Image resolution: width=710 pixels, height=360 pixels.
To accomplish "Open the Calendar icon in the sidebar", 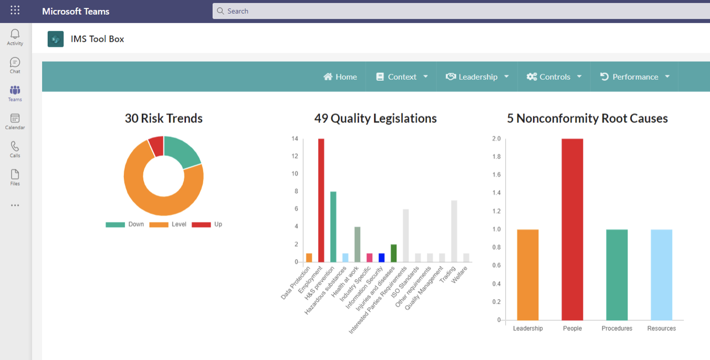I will [x=15, y=121].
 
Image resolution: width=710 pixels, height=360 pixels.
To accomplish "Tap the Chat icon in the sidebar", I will [x=15, y=65].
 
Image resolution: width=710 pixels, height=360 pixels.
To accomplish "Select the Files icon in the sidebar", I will [x=15, y=177].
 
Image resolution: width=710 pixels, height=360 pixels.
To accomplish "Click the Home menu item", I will [x=340, y=77].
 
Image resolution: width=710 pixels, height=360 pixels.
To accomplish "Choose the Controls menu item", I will [x=554, y=77].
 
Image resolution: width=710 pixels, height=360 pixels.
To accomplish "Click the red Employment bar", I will [x=321, y=200].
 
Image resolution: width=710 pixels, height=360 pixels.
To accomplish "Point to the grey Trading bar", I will [x=454, y=231].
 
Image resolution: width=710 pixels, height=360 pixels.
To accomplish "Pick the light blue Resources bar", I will [x=661, y=274].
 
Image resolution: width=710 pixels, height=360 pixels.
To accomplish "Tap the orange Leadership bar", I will [x=527, y=274].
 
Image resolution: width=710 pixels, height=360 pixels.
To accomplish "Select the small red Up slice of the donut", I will [x=156, y=145].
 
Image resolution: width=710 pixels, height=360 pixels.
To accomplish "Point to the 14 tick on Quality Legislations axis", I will [x=295, y=139].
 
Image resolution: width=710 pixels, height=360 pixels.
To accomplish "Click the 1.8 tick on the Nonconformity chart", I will [x=495, y=157].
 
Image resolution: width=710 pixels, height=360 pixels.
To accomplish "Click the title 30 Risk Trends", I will [x=163, y=119].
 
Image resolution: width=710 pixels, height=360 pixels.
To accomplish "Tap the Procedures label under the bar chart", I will [x=617, y=329].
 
